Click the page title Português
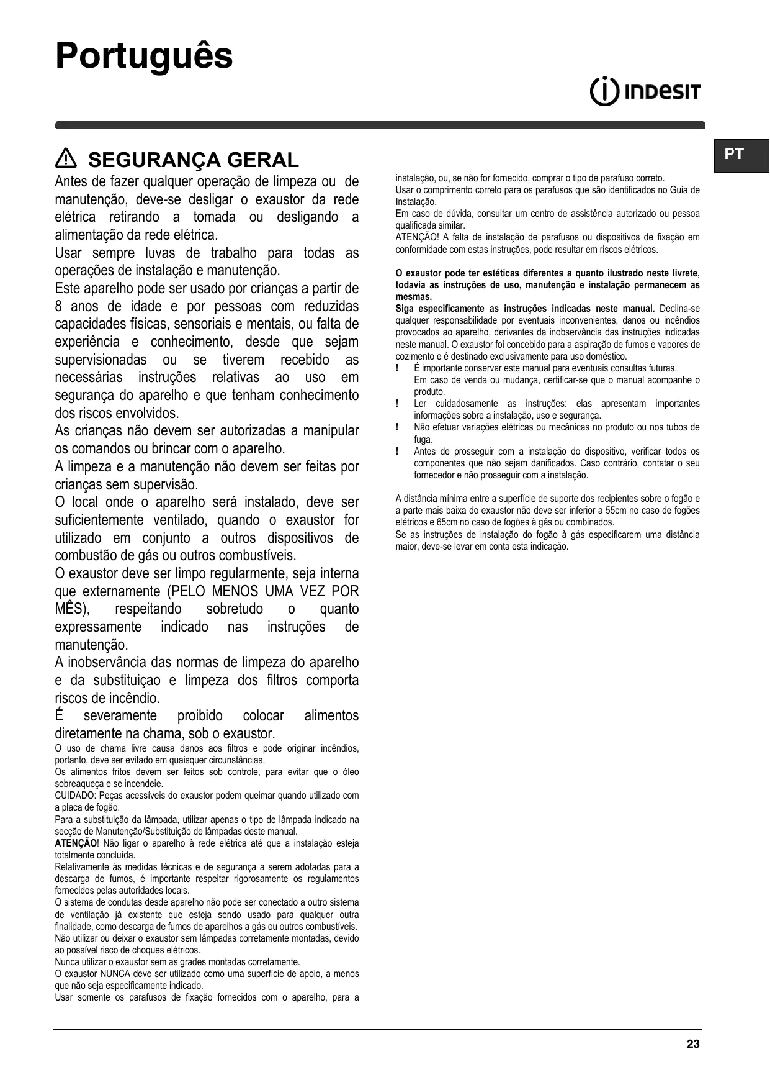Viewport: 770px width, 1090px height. [x=144, y=57]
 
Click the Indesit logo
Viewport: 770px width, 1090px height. [x=645, y=93]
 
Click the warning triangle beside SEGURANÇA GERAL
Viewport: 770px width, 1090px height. [x=65, y=160]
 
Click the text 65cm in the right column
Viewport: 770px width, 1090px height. [x=449, y=522]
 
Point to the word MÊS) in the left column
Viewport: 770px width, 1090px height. [x=72, y=609]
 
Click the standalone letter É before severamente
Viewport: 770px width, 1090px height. [x=60, y=715]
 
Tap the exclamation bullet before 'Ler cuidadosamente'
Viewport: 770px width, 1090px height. [x=397, y=404]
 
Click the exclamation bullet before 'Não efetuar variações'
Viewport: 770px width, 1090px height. [x=397, y=427]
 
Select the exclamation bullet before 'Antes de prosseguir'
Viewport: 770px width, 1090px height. [x=397, y=452]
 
